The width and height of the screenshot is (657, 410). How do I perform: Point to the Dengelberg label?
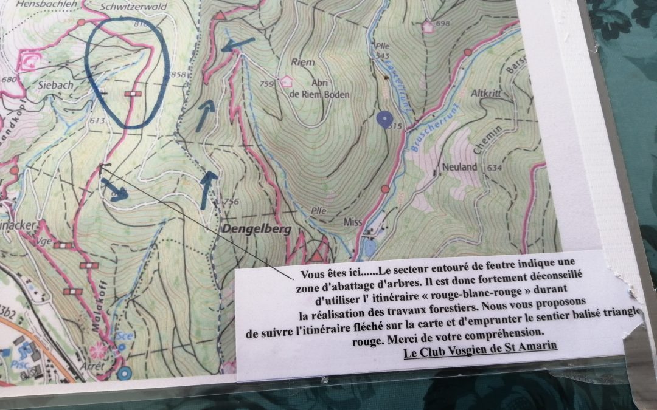(256, 230)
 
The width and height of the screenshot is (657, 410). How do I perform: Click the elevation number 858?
(178, 75)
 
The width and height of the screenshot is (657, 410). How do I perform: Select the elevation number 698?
(442, 24)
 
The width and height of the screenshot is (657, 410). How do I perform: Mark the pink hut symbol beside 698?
(428, 26)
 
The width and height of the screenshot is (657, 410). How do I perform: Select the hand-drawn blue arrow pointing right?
(115, 190)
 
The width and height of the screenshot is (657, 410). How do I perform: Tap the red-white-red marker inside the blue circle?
(133, 94)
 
